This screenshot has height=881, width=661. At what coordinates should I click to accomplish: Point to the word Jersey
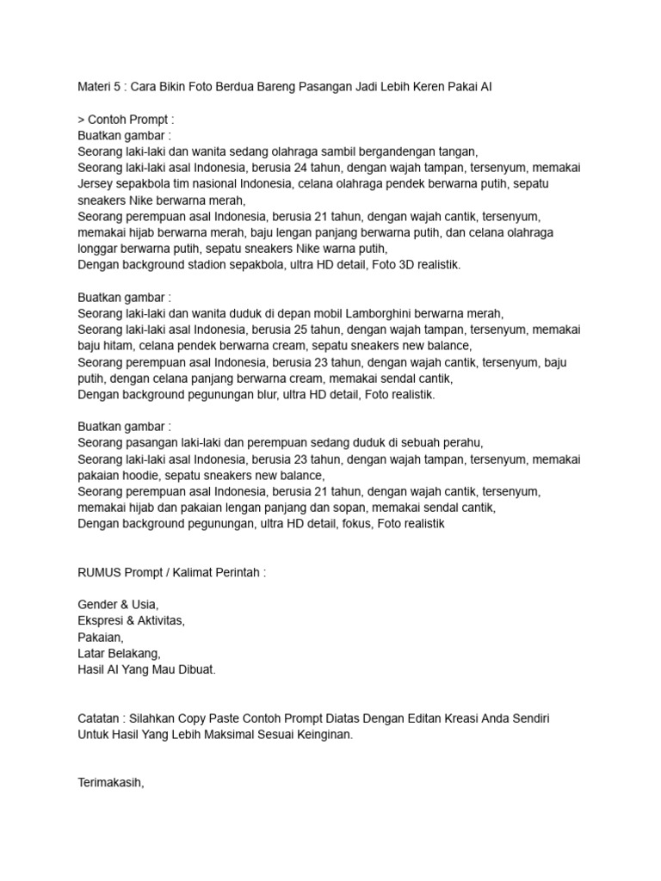coord(96,184)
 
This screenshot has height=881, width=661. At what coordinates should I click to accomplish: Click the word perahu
coord(460,442)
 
